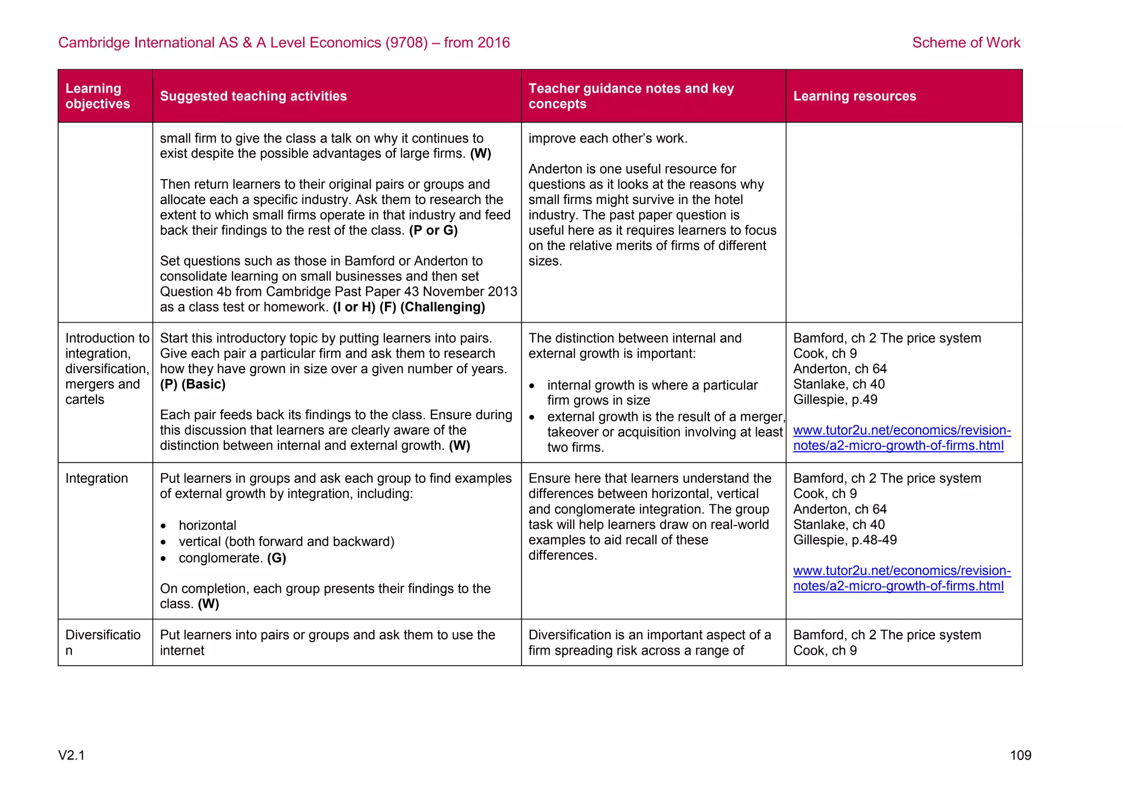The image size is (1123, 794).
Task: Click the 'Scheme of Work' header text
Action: [x=966, y=42]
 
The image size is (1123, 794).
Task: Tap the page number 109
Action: [x=1020, y=755]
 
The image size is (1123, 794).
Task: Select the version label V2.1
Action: [x=71, y=755]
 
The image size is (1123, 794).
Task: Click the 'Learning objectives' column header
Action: [x=98, y=96]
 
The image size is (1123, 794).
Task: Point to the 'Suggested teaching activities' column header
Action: [x=253, y=96]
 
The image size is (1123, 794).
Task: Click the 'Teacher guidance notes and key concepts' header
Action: [x=631, y=96]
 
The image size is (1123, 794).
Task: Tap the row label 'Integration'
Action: [x=97, y=478]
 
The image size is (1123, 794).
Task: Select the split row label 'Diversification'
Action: [x=103, y=642]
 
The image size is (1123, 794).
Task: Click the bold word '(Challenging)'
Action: [x=443, y=307]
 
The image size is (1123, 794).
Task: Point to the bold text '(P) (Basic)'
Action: [x=192, y=384]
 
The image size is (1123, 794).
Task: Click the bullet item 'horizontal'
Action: [x=207, y=525]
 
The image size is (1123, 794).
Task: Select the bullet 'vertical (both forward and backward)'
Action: [x=286, y=542]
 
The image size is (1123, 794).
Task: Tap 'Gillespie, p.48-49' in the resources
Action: [x=844, y=540]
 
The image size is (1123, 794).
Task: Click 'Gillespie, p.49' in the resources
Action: [x=835, y=399]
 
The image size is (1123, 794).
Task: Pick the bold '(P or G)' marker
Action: [x=433, y=230]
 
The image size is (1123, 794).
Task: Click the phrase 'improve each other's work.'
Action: [x=608, y=138]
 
